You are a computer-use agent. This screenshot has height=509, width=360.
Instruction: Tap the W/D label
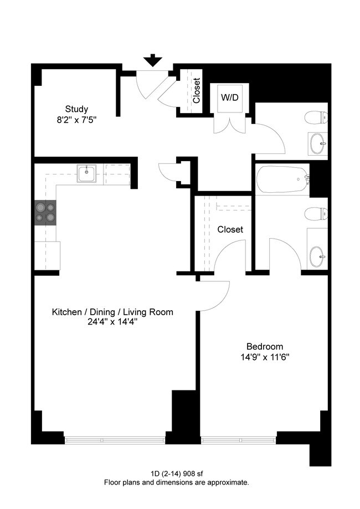click(230, 97)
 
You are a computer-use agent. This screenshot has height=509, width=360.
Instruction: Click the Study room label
click(76, 109)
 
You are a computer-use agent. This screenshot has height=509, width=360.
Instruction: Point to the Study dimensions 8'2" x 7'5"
click(76, 120)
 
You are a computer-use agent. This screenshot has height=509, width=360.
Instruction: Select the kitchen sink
click(86, 174)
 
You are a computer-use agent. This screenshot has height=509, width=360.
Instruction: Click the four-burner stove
click(45, 212)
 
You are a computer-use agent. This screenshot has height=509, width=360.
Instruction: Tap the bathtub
click(282, 179)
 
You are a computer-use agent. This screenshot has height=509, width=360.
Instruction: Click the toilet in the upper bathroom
click(316, 117)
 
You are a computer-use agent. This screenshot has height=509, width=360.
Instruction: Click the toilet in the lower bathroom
click(316, 214)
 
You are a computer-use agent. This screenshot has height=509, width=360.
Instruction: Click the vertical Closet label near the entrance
click(197, 91)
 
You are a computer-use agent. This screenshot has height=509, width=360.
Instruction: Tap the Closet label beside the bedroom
click(230, 229)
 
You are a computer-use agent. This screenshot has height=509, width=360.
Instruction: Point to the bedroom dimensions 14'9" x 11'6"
click(265, 357)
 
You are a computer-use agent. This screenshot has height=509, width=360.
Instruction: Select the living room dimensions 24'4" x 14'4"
click(112, 323)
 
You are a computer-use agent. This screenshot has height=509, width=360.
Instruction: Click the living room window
click(115, 440)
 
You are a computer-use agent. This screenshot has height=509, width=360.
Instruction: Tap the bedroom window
click(239, 440)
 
